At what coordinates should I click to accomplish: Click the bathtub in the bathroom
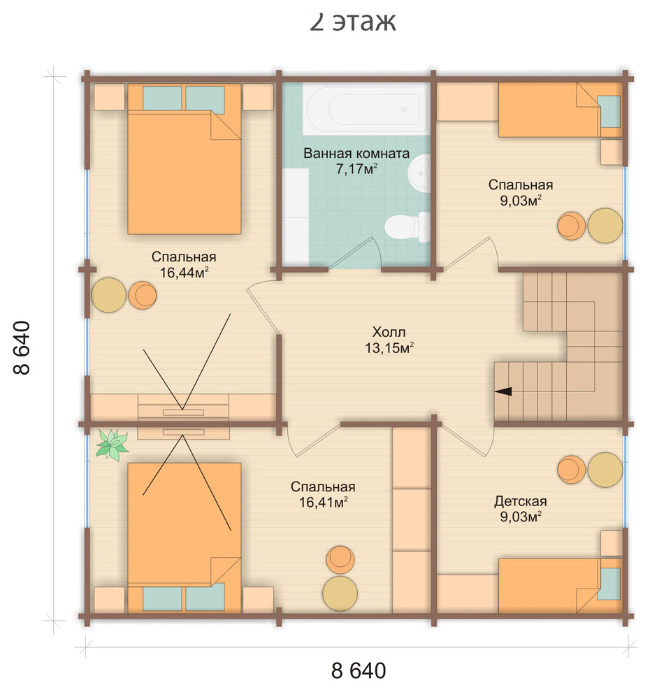(366, 110)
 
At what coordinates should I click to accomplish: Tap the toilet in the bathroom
(407, 226)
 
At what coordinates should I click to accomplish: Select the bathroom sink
(419, 173)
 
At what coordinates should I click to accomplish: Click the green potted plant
(112, 445)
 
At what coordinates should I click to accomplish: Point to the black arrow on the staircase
(503, 391)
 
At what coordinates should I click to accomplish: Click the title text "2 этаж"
(352, 21)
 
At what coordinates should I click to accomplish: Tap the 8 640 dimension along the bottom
(359, 670)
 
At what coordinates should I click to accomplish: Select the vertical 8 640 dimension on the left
(22, 348)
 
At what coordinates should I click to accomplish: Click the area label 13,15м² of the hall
(389, 348)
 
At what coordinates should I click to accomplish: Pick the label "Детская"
(520, 501)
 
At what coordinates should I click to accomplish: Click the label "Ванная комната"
(356, 153)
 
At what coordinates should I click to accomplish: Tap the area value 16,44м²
(184, 273)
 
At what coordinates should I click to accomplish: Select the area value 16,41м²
(324, 503)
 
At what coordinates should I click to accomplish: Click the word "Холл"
(389, 332)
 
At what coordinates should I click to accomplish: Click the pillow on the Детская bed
(609, 584)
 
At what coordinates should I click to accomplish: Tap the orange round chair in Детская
(572, 470)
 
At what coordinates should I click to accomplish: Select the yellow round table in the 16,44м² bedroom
(109, 295)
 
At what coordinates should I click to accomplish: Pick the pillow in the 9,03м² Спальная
(609, 112)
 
